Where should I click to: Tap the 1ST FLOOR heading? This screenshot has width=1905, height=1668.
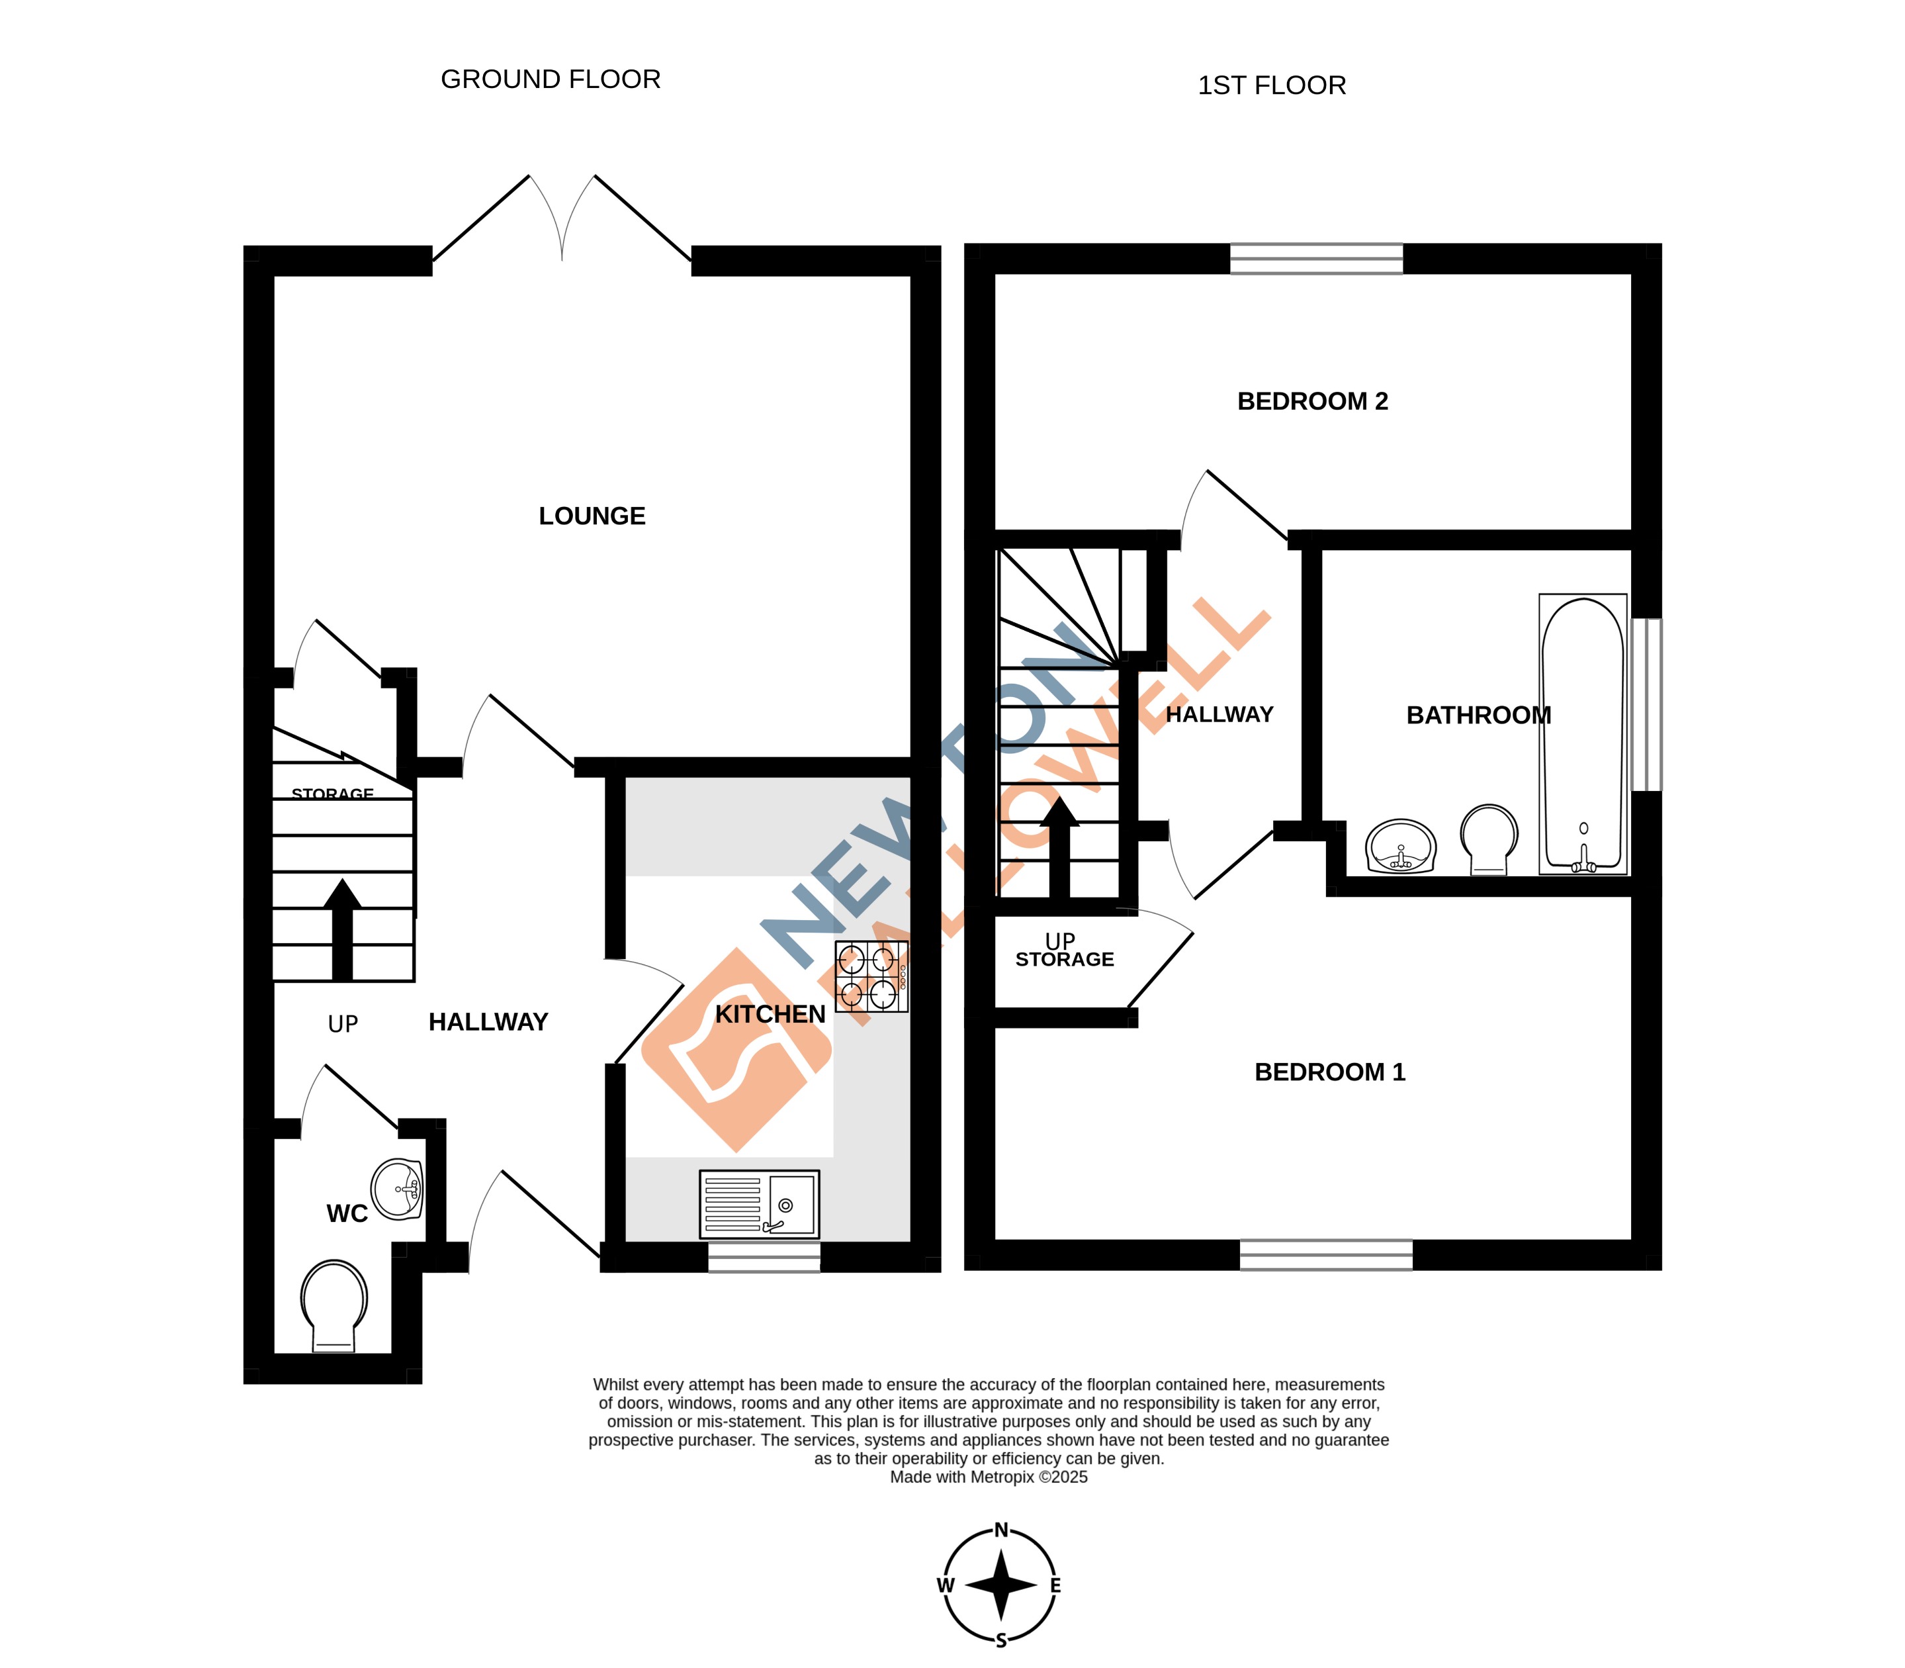[x=1271, y=85]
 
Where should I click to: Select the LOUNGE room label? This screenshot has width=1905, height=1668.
[x=592, y=516]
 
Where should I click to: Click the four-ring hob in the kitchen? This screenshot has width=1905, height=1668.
[x=871, y=976]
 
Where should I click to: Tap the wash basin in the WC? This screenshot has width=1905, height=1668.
[x=398, y=1189]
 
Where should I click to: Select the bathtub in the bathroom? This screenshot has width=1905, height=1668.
[x=1582, y=735]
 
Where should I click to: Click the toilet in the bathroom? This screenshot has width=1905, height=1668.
[x=1488, y=838]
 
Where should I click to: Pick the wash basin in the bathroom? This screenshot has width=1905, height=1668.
[x=1401, y=845]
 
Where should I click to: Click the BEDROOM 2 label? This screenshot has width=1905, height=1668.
[x=1312, y=401]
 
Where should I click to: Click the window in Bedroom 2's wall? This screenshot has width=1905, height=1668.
[x=1316, y=259]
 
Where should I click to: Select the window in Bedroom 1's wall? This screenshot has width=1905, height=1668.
[x=1325, y=1255]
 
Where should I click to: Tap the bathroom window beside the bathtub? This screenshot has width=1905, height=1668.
[x=1646, y=705]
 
